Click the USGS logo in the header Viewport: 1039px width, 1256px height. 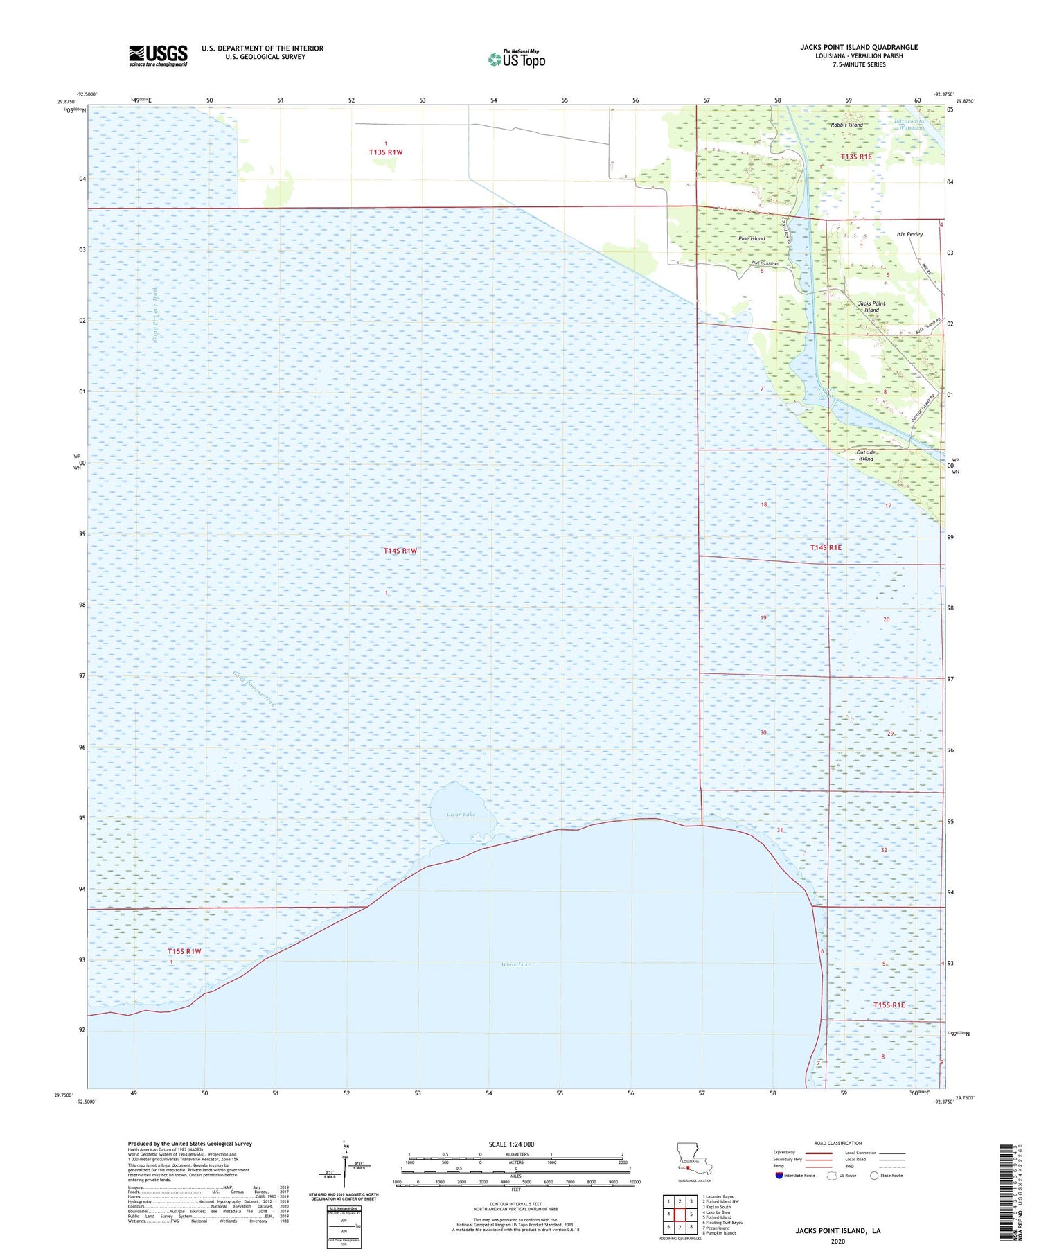pyautogui.click(x=158, y=55)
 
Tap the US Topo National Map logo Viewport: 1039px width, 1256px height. pyautogui.click(x=517, y=60)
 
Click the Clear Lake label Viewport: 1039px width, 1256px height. pyautogui.click(x=461, y=815)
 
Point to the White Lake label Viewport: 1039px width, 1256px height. pyautogui.click(x=515, y=964)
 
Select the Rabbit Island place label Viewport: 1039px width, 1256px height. pyautogui.click(x=846, y=125)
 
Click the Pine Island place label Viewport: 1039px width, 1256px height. pyautogui.click(x=752, y=239)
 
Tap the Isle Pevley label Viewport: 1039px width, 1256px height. pyautogui.click(x=909, y=235)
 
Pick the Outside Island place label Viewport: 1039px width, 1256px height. pyautogui.click(x=866, y=456)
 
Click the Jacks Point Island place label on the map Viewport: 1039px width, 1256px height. pyautogui.click(x=871, y=307)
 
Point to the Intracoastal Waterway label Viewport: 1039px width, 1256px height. pyautogui.click(x=909, y=125)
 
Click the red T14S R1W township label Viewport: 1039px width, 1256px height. pyautogui.click(x=400, y=551)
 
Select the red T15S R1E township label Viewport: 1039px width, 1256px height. pyautogui.click(x=889, y=1005)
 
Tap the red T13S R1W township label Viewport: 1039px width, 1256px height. pyautogui.click(x=386, y=152)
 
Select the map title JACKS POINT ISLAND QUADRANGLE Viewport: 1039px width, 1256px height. pyautogui.click(x=859, y=47)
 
